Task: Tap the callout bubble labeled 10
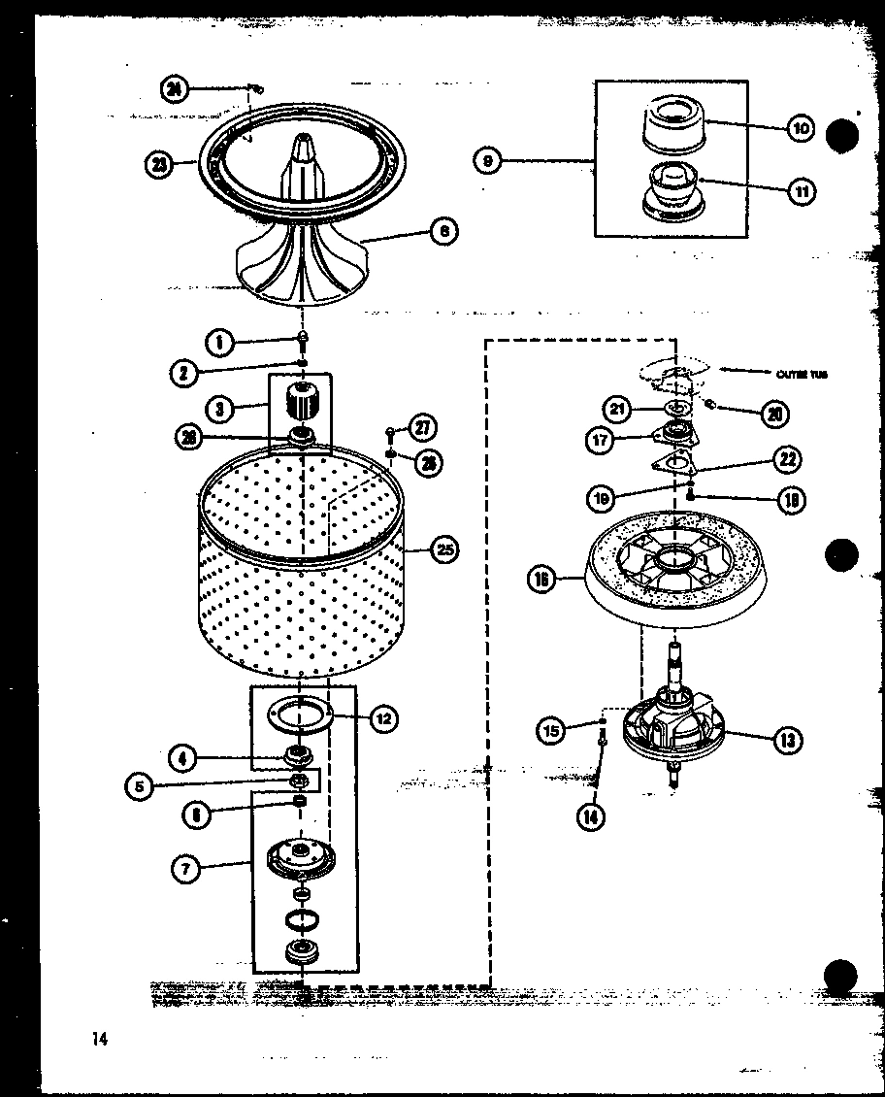tap(800, 128)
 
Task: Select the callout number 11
tap(800, 190)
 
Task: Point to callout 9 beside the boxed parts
tap(487, 160)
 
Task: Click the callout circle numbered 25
tap(443, 549)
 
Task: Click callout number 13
tap(787, 741)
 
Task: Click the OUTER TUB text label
tap(802, 374)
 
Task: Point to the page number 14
tap(98, 1040)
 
